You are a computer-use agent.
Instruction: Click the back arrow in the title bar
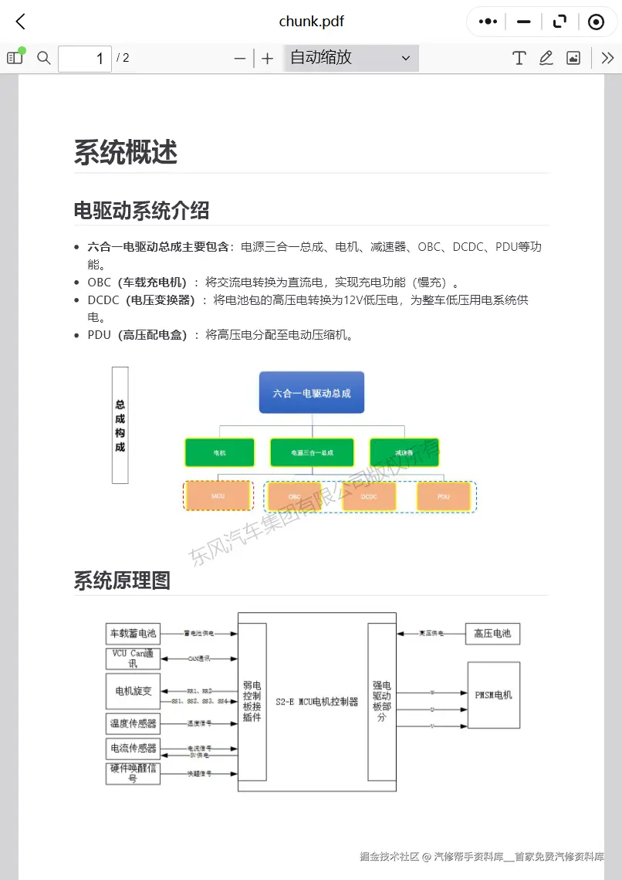click(21, 22)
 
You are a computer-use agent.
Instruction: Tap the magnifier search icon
click(44, 58)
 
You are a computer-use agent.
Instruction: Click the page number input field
click(84, 59)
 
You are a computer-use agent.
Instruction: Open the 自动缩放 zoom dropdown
click(351, 58)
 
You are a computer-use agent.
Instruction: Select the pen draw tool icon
click(546, 58)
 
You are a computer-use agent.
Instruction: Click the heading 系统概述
click(126, 152)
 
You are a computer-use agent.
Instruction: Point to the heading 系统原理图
click(122, 580)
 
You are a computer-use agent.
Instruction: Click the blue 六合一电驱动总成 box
click(312, 392)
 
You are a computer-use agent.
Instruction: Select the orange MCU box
click(218, 496)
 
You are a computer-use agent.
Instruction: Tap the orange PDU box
click(444, 496)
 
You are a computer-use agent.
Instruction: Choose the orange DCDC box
click(369, 496)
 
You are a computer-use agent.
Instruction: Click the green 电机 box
click(220, 452)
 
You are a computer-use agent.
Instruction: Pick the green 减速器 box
click(404, 452)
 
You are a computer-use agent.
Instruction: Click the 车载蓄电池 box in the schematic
click(133, 634)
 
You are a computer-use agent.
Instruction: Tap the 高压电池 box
click(492, 634)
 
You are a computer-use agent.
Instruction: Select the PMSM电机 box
click(493, 695)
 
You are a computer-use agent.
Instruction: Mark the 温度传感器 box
click(133, 723)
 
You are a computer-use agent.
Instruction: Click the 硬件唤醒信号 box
click(133, 773)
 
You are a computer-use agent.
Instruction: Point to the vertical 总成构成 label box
click(120, 425)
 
